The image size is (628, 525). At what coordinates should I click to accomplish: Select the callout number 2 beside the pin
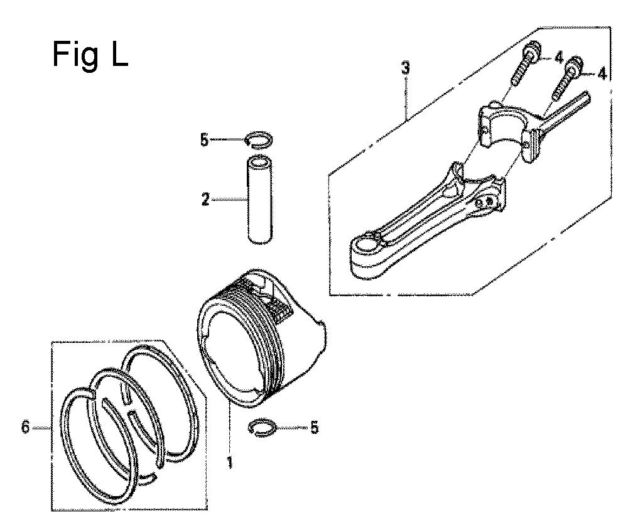point(205,199)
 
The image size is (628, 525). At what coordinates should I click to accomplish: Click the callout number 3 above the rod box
point(406,68)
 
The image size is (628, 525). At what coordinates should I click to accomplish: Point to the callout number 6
point(25,428)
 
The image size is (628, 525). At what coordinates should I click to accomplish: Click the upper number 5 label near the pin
point(205,140)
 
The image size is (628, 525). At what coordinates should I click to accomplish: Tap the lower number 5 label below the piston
point(315,428)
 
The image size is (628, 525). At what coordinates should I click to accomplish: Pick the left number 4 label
point(559,58)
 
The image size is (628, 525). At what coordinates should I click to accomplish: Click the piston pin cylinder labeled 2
point(261,200)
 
